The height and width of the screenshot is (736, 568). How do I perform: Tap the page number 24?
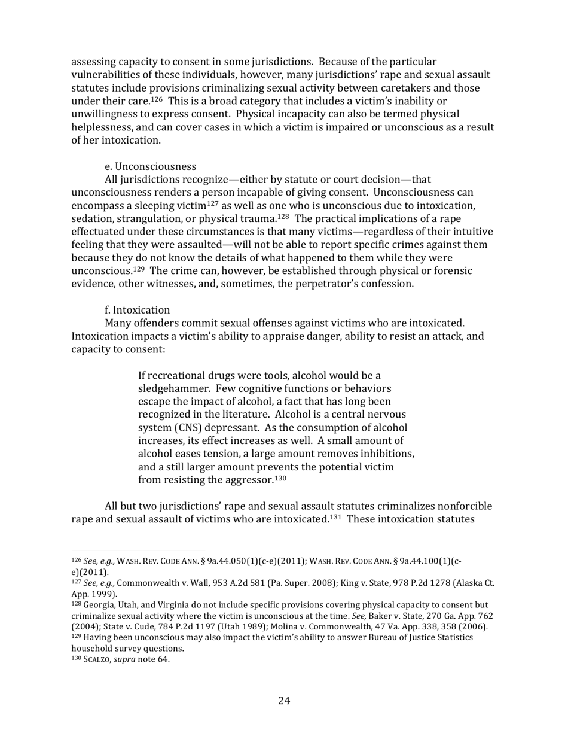tap(284, 701)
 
